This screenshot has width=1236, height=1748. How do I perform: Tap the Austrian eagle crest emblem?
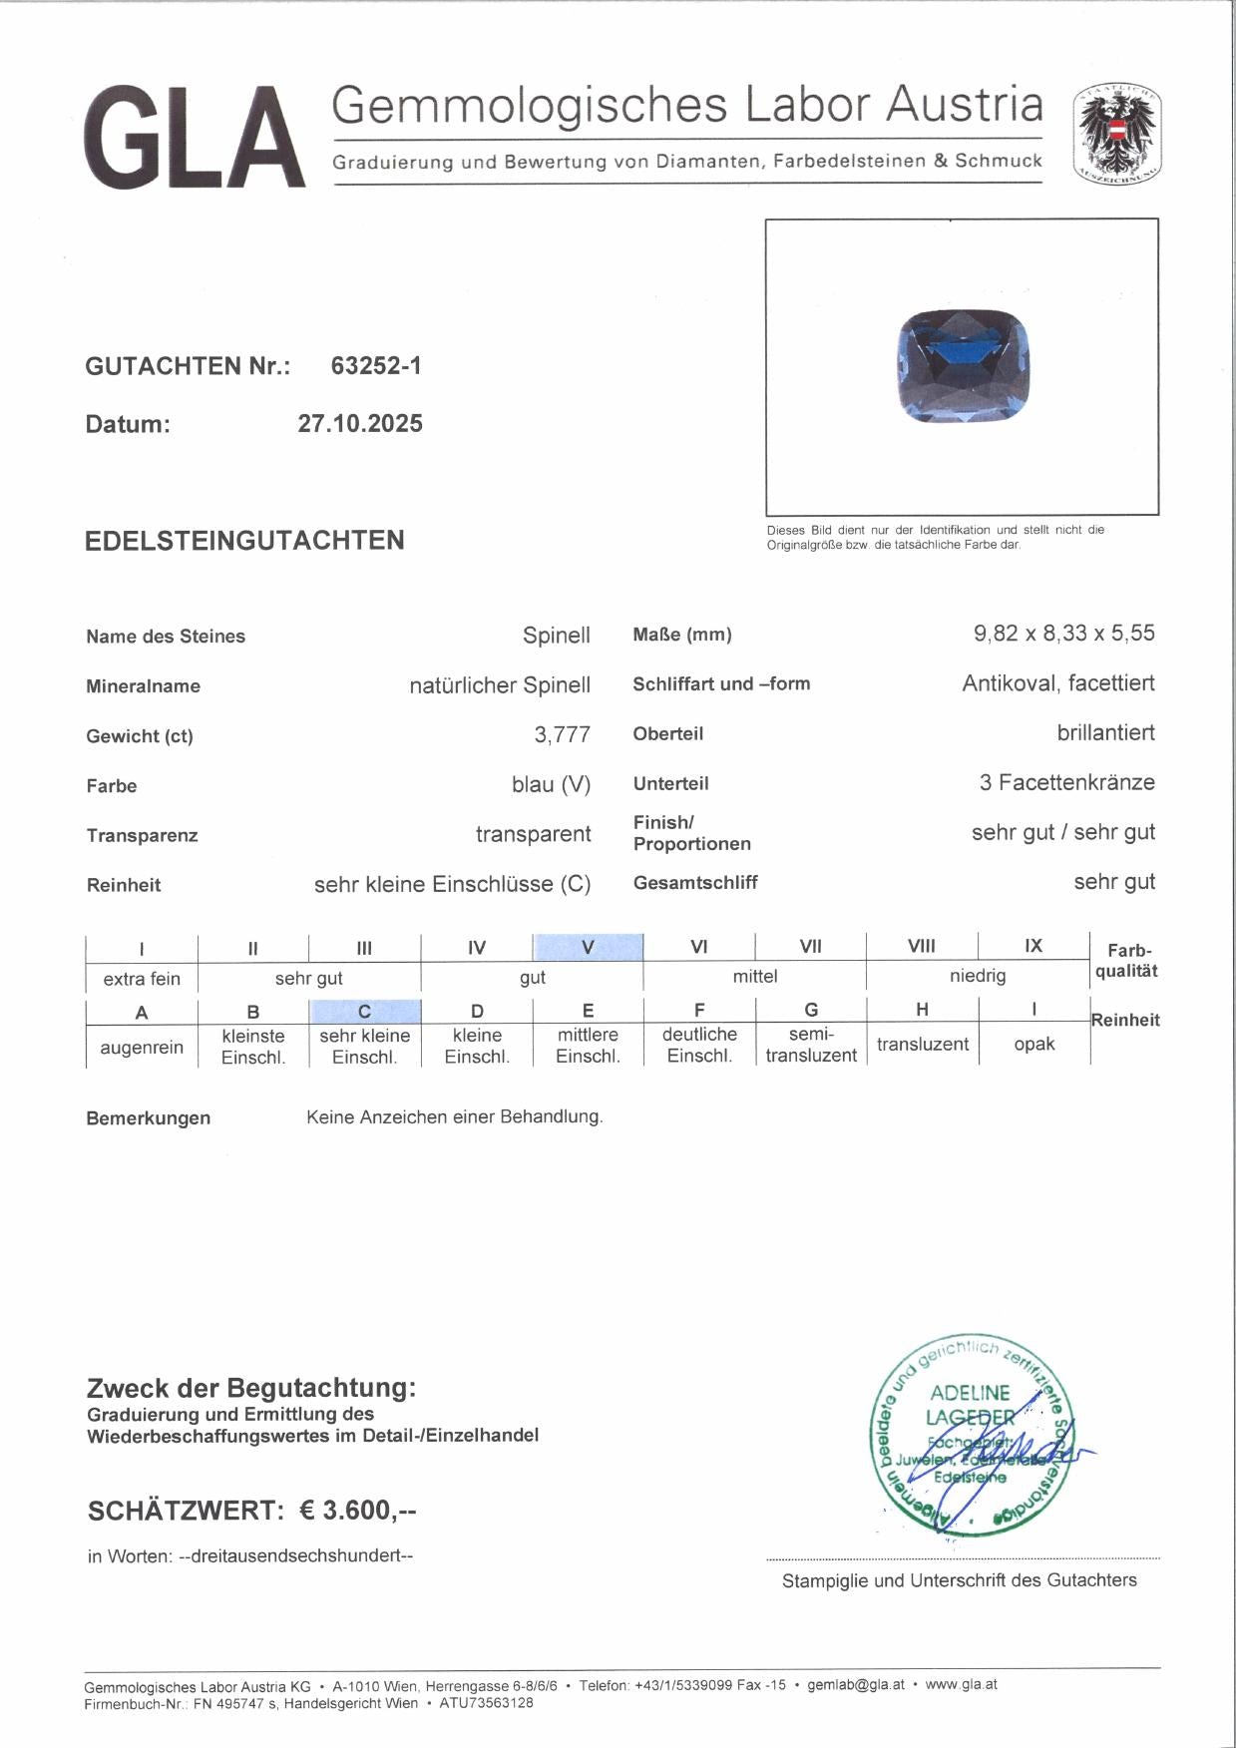(x=1117, y=135)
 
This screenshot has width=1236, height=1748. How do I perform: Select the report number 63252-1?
(x=376, y=366)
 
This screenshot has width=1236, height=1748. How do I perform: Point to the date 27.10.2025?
(x=360, y=424)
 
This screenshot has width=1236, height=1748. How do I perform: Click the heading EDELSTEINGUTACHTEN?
(x=244, y=541)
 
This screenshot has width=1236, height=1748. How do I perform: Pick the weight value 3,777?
(x=562, y=735)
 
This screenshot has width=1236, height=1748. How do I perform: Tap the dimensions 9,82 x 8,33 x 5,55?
(x=1063, y=634)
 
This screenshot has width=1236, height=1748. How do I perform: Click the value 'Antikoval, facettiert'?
(x=1057, y=683)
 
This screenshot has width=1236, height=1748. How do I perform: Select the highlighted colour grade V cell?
(x=588, y=947)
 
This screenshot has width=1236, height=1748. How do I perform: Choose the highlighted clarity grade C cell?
(x=365, y=1011)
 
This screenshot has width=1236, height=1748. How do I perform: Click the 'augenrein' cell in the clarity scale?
(x=142, y=1048)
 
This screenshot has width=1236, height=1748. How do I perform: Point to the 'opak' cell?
(x=1033, y=1045)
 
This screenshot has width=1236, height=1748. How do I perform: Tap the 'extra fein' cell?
(x=142, y=979)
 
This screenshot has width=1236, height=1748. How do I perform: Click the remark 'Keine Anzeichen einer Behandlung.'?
(x=454, y=1117)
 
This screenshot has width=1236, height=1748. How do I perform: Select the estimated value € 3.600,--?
(x=358, y=1511)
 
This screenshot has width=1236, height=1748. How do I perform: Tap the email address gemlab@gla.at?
(x=856, y=1685)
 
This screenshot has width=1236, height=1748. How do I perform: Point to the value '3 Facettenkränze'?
(x=1066, y=783)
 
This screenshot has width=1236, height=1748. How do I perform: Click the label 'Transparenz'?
(x=142, y=836)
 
